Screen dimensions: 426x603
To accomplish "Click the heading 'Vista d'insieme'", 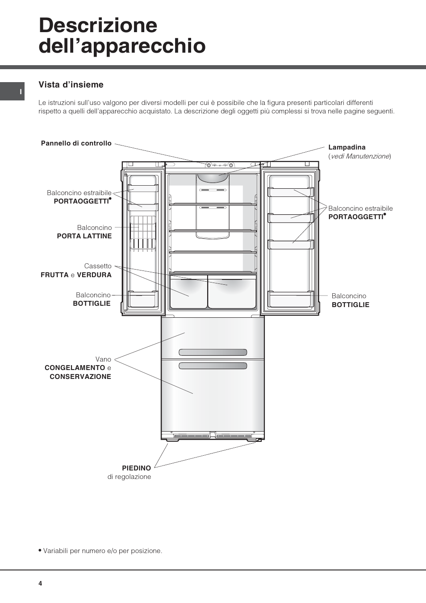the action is tap(71, 85).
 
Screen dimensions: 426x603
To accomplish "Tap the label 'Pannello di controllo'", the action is tap(76, 143).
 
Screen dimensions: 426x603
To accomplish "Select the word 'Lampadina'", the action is tap(347, 147).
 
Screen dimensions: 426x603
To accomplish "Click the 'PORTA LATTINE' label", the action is tap(84, 236).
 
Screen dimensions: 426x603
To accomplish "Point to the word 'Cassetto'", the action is tap(98, 266).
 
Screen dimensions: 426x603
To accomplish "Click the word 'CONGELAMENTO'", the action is tap(75, 368).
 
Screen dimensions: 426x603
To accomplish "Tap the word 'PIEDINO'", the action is tap(137, 468).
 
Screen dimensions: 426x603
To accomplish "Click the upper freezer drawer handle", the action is tap(213, 352).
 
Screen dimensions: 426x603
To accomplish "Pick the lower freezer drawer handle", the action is tap(213, 366).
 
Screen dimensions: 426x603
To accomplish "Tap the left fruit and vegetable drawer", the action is tap(188, 291).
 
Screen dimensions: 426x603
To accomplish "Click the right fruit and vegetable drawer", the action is tap(232, 291).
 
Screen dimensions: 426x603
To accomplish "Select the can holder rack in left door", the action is tap(143, 233).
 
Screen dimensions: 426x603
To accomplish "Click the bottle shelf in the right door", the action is tap(291, 299).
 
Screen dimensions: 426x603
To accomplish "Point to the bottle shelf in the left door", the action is tap(143, 299).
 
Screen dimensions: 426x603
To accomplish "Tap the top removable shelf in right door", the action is tap(291, 192).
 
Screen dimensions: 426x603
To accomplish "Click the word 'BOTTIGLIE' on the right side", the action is tap(351, 305).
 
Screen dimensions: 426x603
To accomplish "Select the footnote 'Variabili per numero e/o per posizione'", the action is tap(100, 550).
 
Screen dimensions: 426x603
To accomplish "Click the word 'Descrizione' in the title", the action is tap(98, 25).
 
